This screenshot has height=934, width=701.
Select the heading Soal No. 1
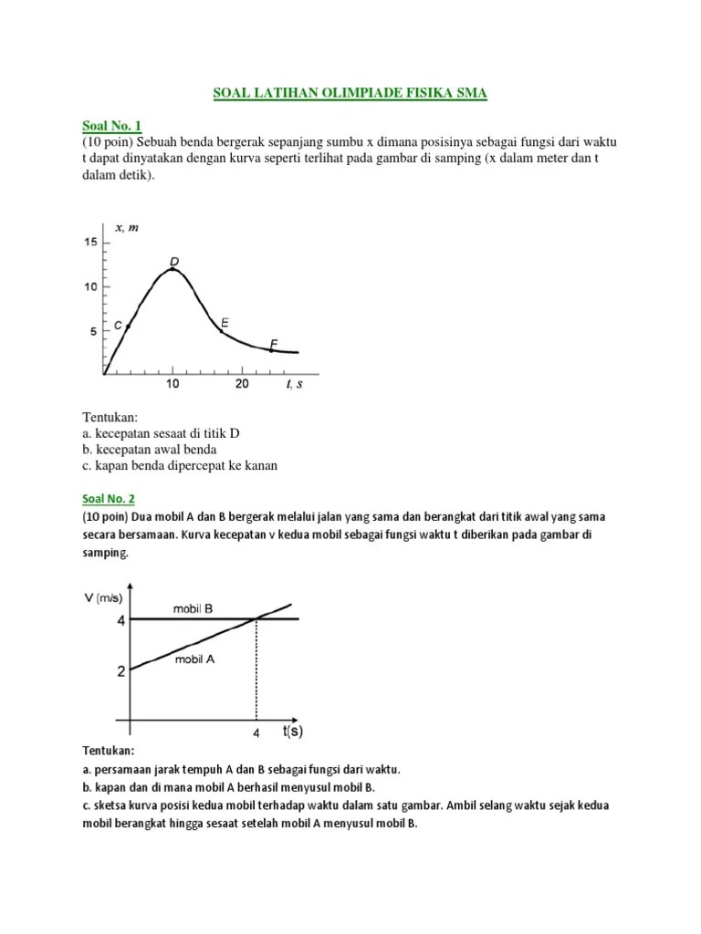[x=108, y=125]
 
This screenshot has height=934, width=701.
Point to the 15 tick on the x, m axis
[x=90, y=242]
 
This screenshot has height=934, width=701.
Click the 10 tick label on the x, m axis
[x=90, y=287]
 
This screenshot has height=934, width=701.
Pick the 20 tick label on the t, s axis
[x=242, y=385]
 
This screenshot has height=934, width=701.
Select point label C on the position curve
[x=118, y=325]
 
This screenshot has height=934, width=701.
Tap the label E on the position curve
[x=225, y=323]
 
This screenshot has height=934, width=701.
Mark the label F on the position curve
[x=273, y=344]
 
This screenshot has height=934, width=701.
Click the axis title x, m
[x=126, y=226]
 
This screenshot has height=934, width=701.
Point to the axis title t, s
[x=294, y=385]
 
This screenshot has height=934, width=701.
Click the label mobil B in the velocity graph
[x=193, y=607]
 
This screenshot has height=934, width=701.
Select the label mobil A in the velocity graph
[x=194, y=659]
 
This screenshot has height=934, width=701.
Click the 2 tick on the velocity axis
[x=120, y=672]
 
